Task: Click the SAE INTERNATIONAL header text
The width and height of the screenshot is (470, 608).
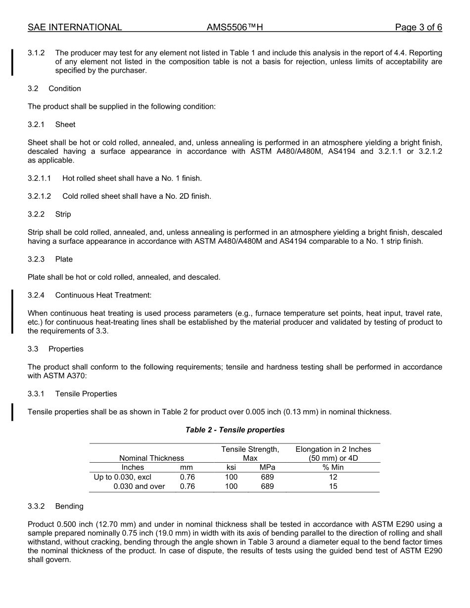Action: coord(75,28)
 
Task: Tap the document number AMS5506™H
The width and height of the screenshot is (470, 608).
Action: coord(235,28)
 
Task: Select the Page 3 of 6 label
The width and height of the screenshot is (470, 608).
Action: coord(418,28)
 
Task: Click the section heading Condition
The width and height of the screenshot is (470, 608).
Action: coord(65,88)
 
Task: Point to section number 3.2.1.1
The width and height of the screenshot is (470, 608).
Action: coord(40,178)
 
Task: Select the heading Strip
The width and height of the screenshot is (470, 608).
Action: coord(63,214)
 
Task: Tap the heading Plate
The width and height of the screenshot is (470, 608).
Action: coord(64,259)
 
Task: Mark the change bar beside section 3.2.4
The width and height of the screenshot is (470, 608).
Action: coord(13,312)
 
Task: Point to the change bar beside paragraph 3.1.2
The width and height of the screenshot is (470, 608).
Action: coord(13,62)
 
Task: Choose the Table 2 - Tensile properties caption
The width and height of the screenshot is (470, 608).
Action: coord(235,430)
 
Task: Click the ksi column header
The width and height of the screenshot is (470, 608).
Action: coord(231,467)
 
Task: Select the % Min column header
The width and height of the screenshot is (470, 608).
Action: coord(333,467)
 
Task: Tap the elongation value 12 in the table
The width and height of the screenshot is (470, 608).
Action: coord(333,477)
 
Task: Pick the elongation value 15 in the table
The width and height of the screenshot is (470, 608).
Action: coord(333,486)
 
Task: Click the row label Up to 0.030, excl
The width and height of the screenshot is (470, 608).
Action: coord(123,477)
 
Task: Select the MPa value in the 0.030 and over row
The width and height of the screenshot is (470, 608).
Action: coord(267,486)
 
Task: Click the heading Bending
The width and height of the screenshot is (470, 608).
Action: coord(69,506)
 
